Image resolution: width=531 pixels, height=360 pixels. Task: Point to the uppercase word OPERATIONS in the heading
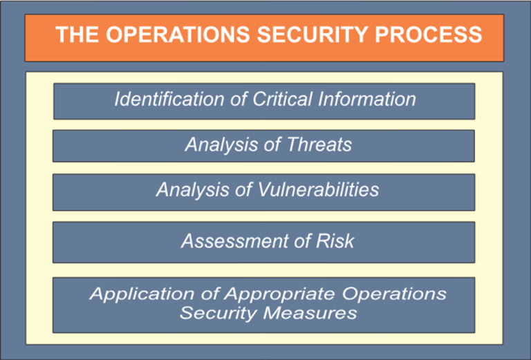click(x=183, y=35)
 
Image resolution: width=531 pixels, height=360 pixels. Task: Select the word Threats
click(x=320, y=145)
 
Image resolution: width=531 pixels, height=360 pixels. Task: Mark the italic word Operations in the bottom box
click(x=398, y=294)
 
